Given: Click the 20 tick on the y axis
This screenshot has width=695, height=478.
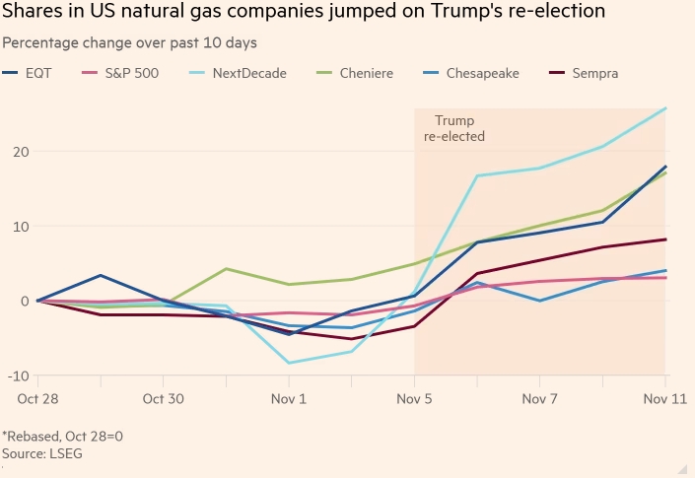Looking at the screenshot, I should pos(20,152).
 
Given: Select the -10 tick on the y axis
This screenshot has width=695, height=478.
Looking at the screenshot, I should pos(18,376).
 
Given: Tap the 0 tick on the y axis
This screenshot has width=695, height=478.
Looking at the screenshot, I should pos(24,301).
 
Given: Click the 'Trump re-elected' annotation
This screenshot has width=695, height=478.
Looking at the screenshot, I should pos(454,129).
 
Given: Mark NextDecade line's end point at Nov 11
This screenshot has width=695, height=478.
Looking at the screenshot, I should pos(665,108).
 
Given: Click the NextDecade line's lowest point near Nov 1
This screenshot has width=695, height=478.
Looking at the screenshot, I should pos(289,363).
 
